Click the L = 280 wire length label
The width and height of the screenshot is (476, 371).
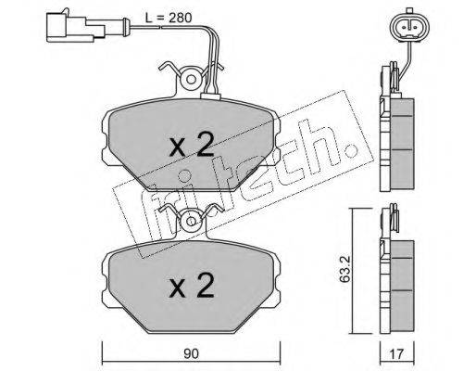[x=169, y=18]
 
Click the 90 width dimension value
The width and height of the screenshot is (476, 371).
[x=191, y=353]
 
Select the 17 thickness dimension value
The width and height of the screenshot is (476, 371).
[x=396, y=353]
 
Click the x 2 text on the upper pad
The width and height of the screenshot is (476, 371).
[x=192, y=145]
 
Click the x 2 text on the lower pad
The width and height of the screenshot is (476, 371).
[x=192, y=286]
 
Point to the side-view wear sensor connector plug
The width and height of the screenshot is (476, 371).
[x=75, y=27]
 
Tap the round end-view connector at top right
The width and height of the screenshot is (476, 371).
[x=409, y=25]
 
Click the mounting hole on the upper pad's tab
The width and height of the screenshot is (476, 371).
[x=191, y=80]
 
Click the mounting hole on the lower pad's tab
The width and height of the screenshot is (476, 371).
[x=191, y=222]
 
